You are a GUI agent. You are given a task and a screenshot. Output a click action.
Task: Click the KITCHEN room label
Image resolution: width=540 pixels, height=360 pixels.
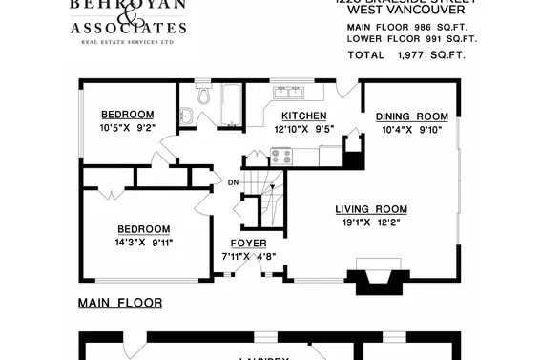click(x=290, y=116)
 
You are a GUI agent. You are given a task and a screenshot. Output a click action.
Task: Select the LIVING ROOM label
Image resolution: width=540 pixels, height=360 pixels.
click(x=371, y=209)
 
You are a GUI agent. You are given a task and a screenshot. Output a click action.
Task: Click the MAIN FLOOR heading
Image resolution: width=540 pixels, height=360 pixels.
click(x=119, y=303)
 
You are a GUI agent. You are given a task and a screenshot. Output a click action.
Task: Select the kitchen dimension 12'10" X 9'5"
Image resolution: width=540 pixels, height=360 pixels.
click(x=290, y=127)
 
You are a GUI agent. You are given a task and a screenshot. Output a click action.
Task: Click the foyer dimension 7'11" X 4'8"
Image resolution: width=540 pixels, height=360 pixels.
click(x=248, y=256)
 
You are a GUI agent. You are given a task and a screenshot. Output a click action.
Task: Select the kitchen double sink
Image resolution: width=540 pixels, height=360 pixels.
click(x=288, y=93)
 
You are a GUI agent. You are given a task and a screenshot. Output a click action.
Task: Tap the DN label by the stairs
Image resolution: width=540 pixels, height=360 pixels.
click(x=232, y=182)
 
